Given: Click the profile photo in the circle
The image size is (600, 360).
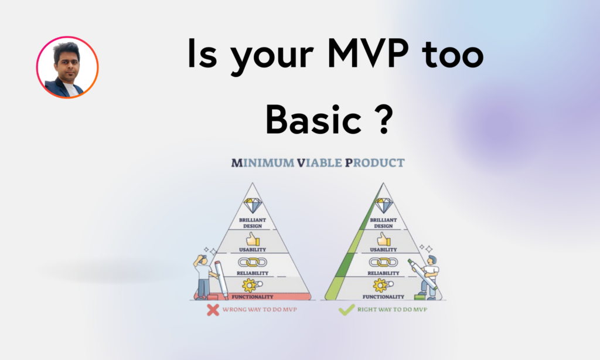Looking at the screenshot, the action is tap(67, 67).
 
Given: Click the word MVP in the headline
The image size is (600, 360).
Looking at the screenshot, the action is tap(368, 53).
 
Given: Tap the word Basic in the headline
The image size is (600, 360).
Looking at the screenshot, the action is tap(313, 119).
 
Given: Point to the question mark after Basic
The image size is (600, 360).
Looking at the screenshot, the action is tap(383, 119).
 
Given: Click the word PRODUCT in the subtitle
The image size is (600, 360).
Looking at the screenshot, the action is tap(374, 163).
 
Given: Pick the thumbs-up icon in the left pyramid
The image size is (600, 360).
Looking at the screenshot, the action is tap(253, 239).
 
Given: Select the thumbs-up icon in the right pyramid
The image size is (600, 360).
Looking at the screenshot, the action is tap(383, 239).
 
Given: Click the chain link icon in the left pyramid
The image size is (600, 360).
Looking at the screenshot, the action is tap(253, 262).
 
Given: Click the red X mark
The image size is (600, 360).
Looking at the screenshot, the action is tap(213, 310).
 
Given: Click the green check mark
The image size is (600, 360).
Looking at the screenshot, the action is tap(346, 310).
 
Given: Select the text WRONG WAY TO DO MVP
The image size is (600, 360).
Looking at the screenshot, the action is tap(260, 310).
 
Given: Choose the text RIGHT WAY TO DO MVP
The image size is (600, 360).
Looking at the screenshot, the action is tap(392, 310).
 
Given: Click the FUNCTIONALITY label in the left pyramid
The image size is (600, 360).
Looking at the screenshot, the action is tap(253, 297).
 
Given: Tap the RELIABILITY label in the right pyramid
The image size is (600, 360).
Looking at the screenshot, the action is tap(383, 273).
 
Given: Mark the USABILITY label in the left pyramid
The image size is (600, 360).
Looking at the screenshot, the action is tap(253, 250).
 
